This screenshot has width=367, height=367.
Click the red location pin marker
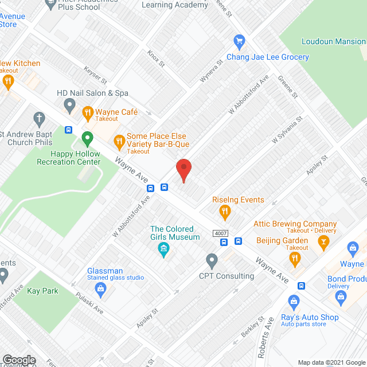183,169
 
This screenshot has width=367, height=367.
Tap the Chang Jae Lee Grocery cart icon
240,41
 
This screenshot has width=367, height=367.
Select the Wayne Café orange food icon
88,112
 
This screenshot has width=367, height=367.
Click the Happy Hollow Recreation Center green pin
87,138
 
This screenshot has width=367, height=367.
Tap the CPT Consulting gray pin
212,261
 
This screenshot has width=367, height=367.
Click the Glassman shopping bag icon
101,288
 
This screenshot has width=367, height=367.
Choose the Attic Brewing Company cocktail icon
325,241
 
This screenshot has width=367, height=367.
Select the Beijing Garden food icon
295,260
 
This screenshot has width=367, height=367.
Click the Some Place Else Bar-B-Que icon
119,140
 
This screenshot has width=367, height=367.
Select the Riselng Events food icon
225,212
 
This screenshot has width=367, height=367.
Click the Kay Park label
44,291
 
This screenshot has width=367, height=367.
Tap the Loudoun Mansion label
334,41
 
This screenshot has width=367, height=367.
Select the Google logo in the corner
19,360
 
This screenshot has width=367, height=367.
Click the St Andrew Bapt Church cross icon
39,120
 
